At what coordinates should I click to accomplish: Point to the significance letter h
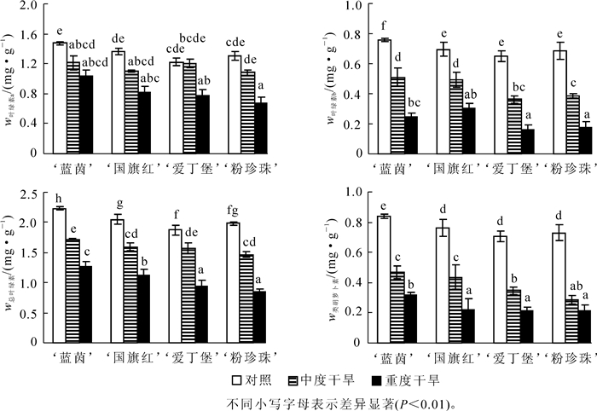tap(59, 200)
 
